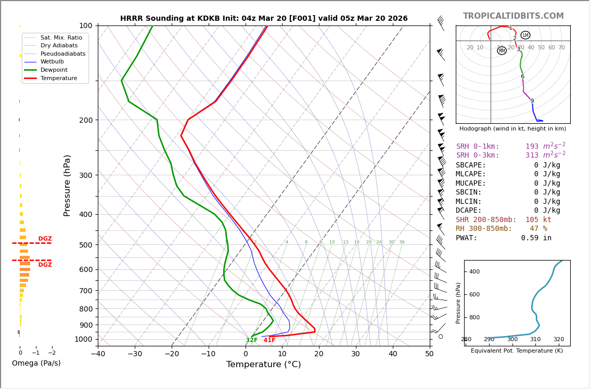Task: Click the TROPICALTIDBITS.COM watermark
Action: [513, 16]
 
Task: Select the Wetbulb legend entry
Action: [55, 61]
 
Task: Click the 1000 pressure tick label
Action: [84, 339]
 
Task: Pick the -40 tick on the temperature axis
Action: [98, 354]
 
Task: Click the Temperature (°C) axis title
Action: [263, 365]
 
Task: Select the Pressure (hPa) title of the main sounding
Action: [67, 185]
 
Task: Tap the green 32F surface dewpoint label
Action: [252, 340]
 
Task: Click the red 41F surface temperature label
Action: [270, 340]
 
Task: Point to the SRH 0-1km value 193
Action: [532, 147]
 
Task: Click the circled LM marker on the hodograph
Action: [525, 35]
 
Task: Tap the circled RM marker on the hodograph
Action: [502, 50]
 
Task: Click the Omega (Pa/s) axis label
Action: [36, 364]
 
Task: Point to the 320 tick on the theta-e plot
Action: [558, 340]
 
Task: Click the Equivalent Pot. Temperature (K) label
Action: [517, 351]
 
